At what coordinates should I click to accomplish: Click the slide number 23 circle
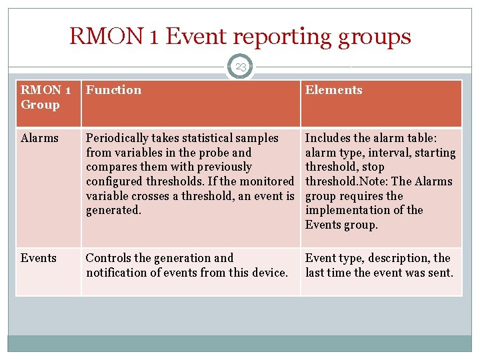pos(240,66)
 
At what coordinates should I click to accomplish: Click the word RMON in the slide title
pos(107,37)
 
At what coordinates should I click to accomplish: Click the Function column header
pos(113,90)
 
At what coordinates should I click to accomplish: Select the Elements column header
pos(333,90)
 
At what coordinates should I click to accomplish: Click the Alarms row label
pos(39,138)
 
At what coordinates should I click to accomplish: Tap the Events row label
pos(39,258)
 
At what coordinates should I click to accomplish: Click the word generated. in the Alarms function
pos(113,210)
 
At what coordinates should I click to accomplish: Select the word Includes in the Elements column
pos(327,138)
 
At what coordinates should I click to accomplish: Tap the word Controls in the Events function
pos(109,258)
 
